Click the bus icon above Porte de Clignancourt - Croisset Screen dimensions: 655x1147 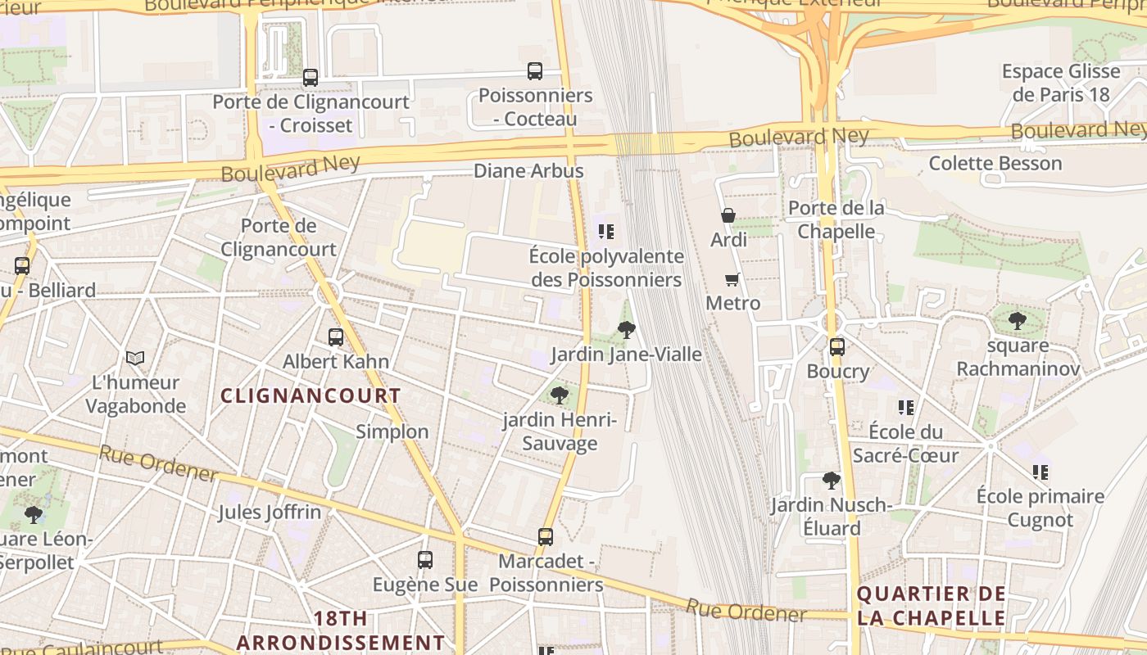311,78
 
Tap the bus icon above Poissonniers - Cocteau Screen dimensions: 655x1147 535,71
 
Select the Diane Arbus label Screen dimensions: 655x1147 528,171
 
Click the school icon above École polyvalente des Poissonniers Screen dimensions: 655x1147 605,232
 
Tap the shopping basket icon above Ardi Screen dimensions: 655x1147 728,215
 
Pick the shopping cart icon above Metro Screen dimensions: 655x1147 732,279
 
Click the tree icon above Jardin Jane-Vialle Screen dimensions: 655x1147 626,330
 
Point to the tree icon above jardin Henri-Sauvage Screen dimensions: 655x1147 560,395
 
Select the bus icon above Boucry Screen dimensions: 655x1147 836,346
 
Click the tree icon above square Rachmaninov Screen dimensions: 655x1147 1017,320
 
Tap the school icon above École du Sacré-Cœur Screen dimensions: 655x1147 905,407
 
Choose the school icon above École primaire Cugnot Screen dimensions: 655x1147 1040,472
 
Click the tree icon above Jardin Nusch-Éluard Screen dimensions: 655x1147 831,480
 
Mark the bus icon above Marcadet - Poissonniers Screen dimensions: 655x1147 546,537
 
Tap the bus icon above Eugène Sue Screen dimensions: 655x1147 424,560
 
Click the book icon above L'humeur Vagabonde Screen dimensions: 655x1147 135,358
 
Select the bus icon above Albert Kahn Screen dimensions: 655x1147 335,337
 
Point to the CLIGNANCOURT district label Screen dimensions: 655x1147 311,396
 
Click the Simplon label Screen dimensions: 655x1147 392,431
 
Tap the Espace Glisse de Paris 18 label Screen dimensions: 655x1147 1060,83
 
